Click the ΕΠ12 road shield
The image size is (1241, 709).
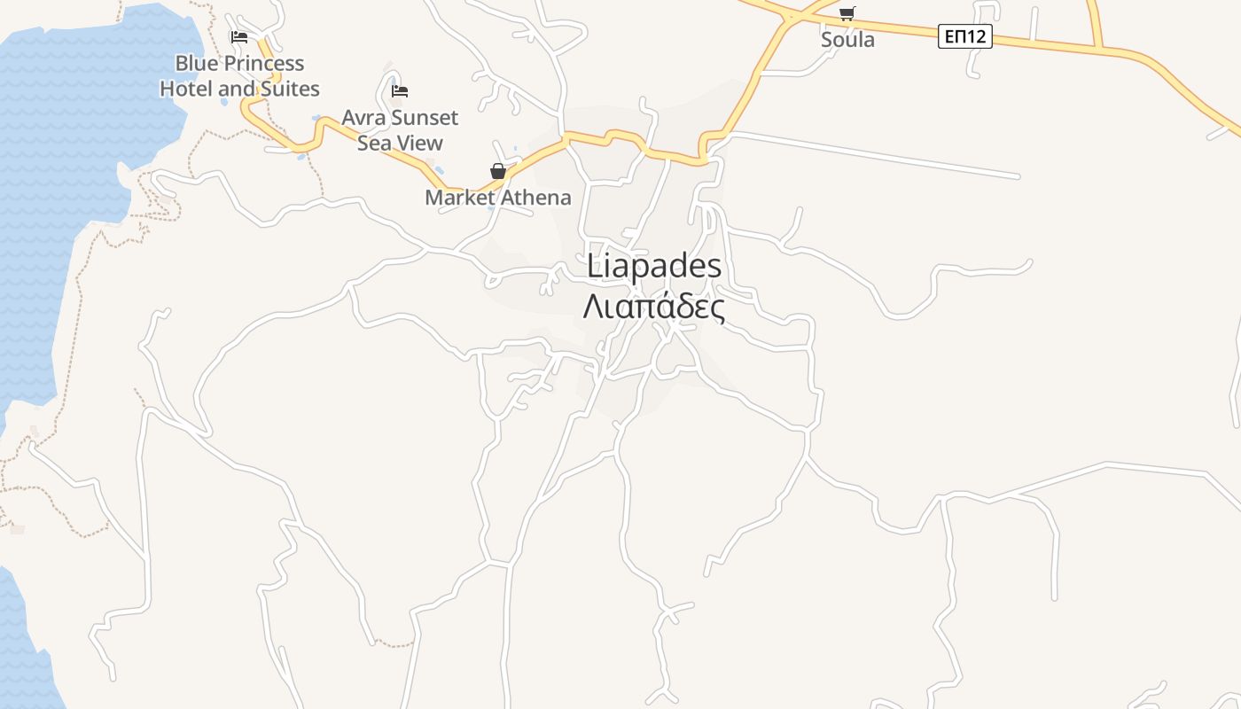[x=964, y=36]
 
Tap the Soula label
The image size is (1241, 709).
[x=847, y=40]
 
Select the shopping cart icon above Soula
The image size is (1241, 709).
[x=847, y=13]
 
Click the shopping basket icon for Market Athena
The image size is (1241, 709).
[x=498, y=171]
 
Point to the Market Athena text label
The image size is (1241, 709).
[x=498, y=198]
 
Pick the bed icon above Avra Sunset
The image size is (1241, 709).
[x=400, y=90]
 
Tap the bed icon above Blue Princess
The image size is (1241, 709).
[x=238, y=37]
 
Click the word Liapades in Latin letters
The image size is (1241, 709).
[x=654, y=268]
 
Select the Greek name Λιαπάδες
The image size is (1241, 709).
[x=654, y=307]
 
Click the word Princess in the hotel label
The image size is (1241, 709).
[x=262, y=64]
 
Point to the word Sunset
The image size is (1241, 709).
[x=425, y=118]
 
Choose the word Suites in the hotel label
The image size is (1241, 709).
[x=291, y=90]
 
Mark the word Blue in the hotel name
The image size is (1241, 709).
[x=195, y=64]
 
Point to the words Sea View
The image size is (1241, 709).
[x=400, y=143]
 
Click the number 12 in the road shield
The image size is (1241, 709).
[x=976, y=36]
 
